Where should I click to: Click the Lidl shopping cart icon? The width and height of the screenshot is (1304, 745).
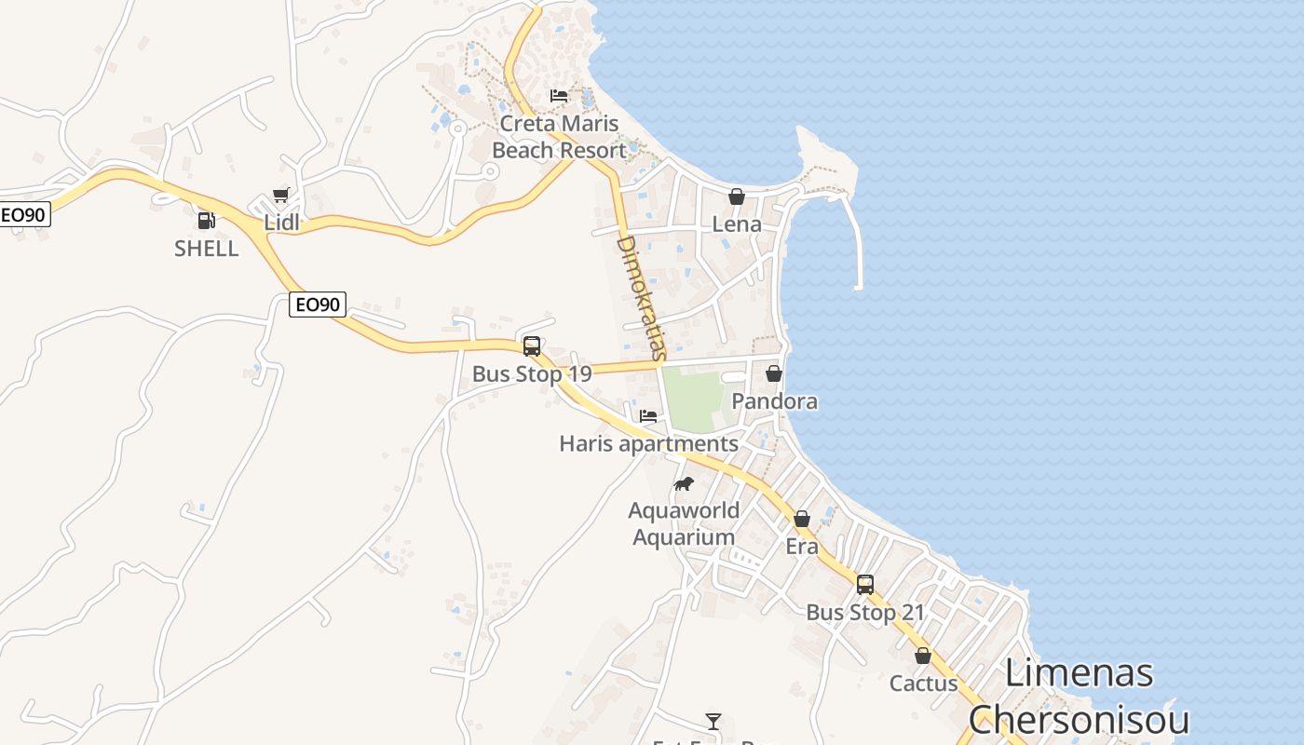(x=280, y=195)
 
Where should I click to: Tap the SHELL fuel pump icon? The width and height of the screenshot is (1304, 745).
(x=206, y=221)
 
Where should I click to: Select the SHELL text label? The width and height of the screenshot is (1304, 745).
(x=206, y=249)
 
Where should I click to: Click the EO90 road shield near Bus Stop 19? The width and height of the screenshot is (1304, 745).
(x=317, y=305)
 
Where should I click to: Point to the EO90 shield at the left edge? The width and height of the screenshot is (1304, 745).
(x=24, y=214)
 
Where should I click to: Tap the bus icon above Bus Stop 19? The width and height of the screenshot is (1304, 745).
(x=531, y=346)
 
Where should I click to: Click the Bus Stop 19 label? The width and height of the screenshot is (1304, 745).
(x=531, y=374)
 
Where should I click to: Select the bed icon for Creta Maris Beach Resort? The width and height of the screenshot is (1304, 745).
(x=559, y=95)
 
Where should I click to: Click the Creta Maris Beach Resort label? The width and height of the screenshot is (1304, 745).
(x=559, y=137)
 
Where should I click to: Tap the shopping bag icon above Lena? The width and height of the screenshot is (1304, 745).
(x=736, y=196)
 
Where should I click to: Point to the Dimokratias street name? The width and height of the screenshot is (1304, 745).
(x=642, y=298)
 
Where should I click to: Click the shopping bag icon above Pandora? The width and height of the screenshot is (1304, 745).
(x=773, y=373)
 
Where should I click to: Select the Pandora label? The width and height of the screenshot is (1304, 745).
(x=774, y=401)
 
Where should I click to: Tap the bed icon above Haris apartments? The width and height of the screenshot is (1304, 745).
(x=648, y=415)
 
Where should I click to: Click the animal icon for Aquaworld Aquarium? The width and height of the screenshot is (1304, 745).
(x=684, y=483)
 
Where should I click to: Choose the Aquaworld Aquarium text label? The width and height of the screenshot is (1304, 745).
(x=684, y=523)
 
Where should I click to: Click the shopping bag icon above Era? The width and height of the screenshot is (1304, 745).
(x=801, y=519)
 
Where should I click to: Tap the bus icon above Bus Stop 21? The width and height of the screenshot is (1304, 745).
(x=864, y=585)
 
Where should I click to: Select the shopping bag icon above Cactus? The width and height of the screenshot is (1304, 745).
(x=922, y=656)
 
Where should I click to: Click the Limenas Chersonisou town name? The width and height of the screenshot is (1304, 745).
(x=1079, y=697)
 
